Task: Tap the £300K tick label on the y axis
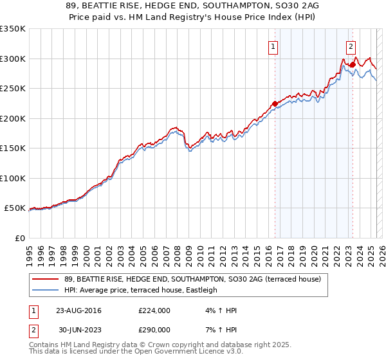[x=13, y=59]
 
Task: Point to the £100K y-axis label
[x=13, y=178]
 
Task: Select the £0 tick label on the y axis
[x=19, y=238]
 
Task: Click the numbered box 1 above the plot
[x=273, y=46]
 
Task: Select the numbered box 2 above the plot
[x=351, y=46]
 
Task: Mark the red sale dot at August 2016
[x=275, y=104]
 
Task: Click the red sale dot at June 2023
[x=353, y=64]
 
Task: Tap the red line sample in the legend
[x=47, y=278]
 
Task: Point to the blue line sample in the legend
[x=47, y=290]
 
